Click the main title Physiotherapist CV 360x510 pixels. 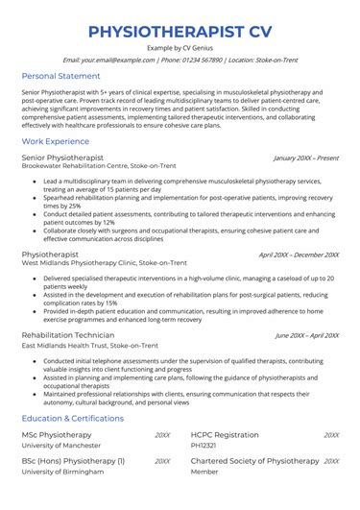(x=180, y=31)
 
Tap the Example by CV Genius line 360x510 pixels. (x=180, y=47)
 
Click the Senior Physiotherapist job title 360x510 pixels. (x=62, y=156)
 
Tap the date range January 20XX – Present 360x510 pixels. (x=306, y=157)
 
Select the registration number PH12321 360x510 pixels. (x=206, y=446)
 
